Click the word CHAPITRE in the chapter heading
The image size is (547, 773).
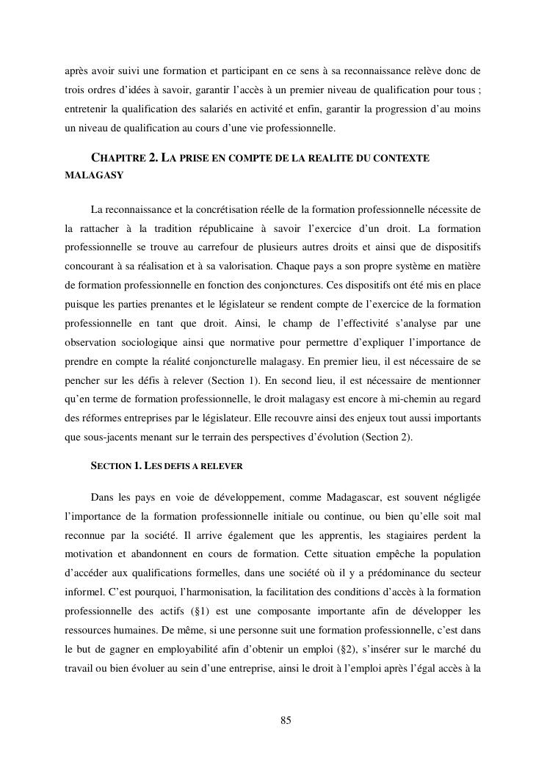117,159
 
